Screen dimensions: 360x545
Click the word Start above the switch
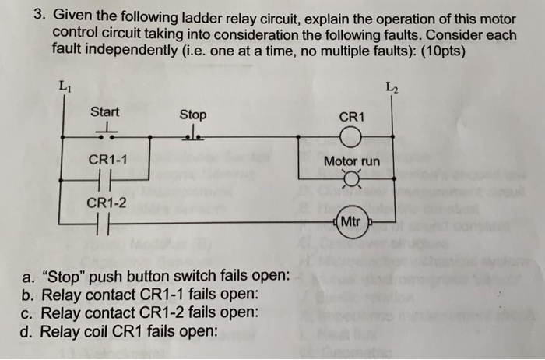point(105,112)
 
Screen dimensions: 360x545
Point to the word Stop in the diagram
point(193,114)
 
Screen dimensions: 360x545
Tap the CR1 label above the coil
point(352,117)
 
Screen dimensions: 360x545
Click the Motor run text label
point(352,161)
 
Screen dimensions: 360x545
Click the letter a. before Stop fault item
point(28,277)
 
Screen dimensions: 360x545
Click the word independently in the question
point(120,48)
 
